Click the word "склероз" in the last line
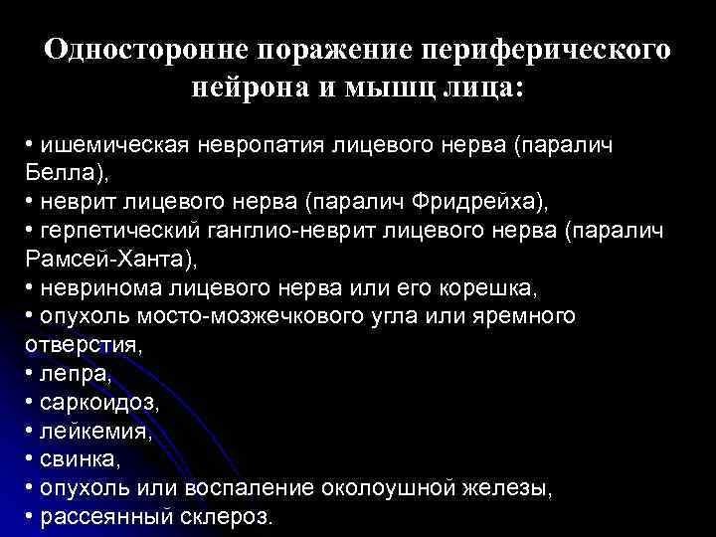pyautogui.click(x=225, y=517)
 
